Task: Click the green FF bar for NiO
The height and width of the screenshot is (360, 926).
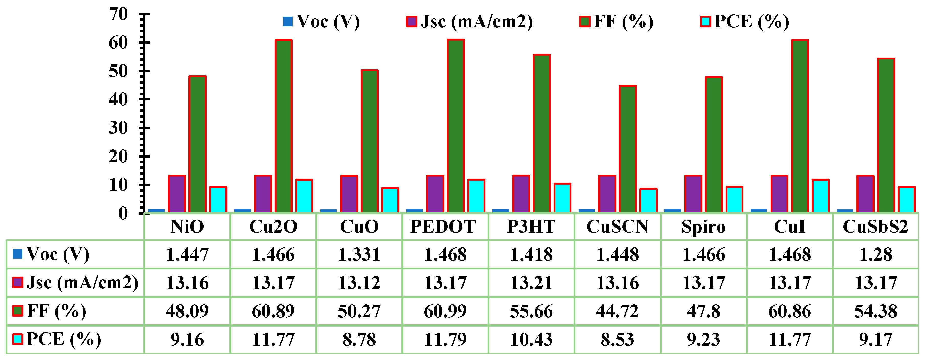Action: pyautogui.click(x=197, y=144)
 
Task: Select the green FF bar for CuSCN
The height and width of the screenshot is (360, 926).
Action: pyautogui.click(x=628, y=149)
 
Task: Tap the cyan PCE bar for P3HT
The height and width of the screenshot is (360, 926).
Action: pyautogui.click(x=562, y=198)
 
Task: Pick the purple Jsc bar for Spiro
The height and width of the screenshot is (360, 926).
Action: pyautogui.click(x=693, y=194)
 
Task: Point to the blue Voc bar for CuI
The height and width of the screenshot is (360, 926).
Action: pyautogui.click(x=759, y=210)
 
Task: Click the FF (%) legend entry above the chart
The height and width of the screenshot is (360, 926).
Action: pyautogui.click(x=616, y=21)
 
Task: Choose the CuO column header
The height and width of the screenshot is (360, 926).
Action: pyautogui.click(x=359, y=227)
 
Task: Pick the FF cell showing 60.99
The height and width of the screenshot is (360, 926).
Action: pyautogui.click(x=445, y=311)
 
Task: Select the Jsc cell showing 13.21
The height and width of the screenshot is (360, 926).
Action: pyautogui.click(x=531, y=283)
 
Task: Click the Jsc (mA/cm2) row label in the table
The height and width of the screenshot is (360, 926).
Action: pyautogui.click(x=75, y=283)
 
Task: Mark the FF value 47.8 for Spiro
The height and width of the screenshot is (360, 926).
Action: pyautogui.click(x=704, y=311)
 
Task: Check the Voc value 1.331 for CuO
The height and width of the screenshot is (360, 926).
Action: pyautogui.click(x=359, y=255)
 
